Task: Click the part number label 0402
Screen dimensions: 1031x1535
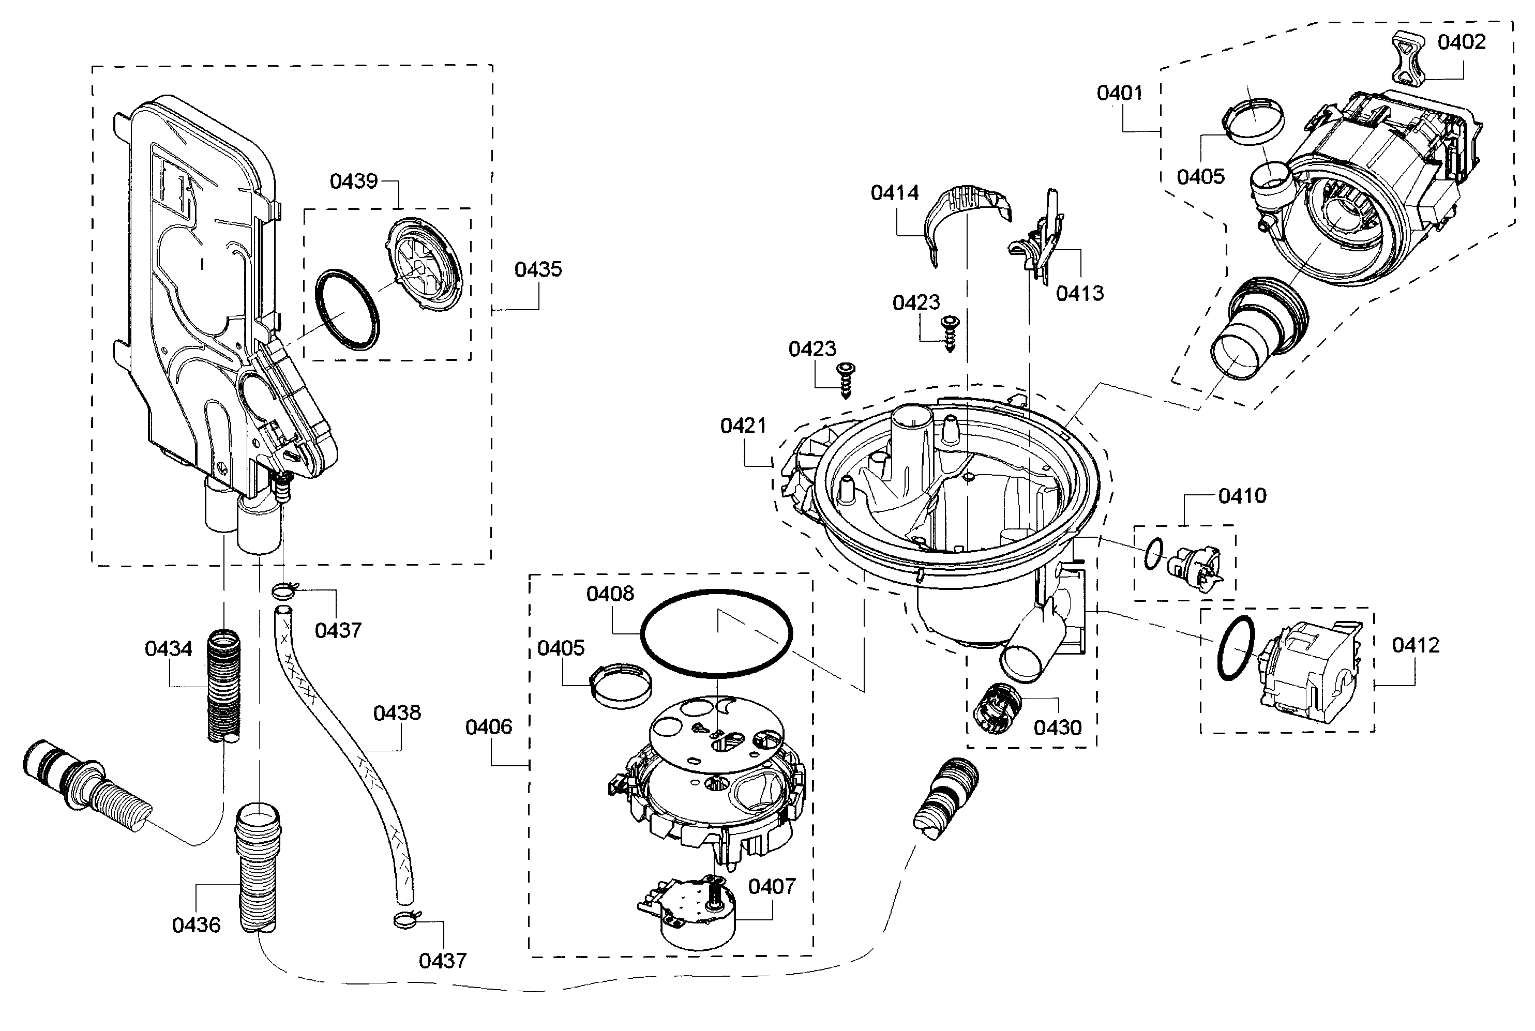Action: coord(1462,42)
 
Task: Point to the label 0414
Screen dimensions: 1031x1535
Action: coord(894,193)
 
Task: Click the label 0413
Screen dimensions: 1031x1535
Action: coord(1079,293)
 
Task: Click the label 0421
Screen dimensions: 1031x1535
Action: coord(743,426)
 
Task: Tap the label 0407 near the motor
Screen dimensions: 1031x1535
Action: coord(772,886)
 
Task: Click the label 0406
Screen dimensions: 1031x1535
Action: coord(488,726)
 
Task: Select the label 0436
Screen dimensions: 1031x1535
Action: coord(196,924)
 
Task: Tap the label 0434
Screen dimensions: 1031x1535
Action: coord(169,648)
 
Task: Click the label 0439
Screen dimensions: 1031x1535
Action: coord(354,181)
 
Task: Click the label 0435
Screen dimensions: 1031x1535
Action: coord(538,269)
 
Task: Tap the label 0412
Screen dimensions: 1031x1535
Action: coord(1416,645)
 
